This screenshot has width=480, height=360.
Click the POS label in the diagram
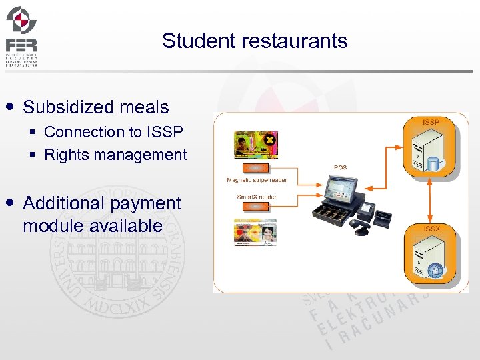coord(340,168)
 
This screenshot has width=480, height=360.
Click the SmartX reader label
coord(257,197)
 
